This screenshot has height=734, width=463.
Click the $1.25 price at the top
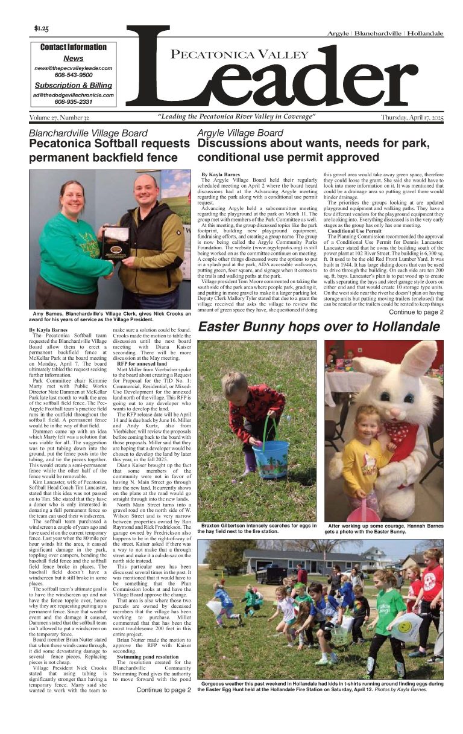pyautogui.click(x=42, y=28)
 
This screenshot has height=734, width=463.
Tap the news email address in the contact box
pyautogui.click(x=74, y=69)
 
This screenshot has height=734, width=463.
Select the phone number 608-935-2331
pyautogui.click(x=74, y=101)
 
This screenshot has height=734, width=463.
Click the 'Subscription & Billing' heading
pyautogui.click(x=74, y=85)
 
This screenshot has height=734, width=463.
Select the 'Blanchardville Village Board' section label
pyautogui.click(x=88, y=133)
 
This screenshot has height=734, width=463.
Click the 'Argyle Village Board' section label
pyautogui.click(x=240, y=133)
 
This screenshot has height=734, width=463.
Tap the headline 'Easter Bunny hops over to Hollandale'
pyautogui.click(x=319, y=327)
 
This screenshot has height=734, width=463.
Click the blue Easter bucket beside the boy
pyautogui.click(x=271, y=452)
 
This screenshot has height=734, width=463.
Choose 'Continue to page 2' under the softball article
pyautogui.click(x=163, y=689)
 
